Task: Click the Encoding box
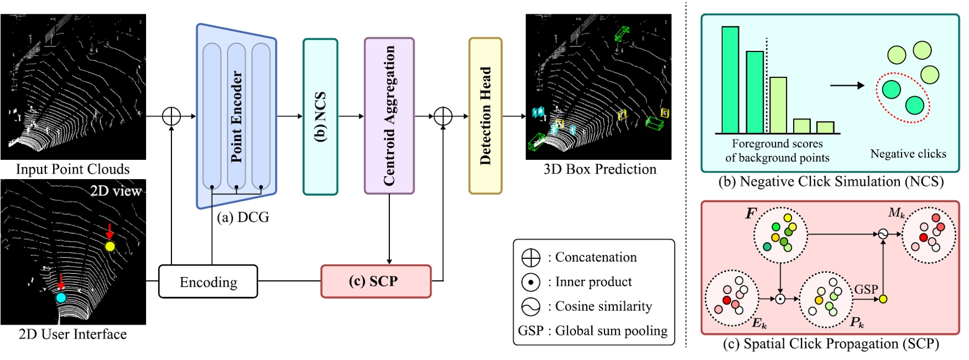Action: tap(208, 281)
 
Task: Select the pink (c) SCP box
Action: tap(376, 281)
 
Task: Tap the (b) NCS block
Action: tap(320, 117)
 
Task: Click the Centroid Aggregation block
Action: tap(389, 116)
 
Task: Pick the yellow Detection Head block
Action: tap(485, 116)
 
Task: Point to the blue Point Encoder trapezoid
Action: tap(236, 117)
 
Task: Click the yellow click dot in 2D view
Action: tap(110, 247)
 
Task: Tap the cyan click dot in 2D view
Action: tap(61, 298)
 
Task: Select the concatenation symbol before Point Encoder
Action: tap(171, 116)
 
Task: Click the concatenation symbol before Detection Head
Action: tap(443, 116)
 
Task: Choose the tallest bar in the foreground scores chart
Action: tap(730, 80)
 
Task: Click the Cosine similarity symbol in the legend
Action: tap(530, 306)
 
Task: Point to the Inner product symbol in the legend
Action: tap(530, 282)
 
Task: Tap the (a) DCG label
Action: tap(243, 217)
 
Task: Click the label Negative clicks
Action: tap(908, 154)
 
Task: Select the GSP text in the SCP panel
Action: tap(866, 289)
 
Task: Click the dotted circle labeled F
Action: tap(780, 235)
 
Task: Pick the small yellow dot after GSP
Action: tap(883, 299)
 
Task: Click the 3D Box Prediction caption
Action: tap(600, 169)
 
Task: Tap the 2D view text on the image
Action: tap(116, 191)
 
